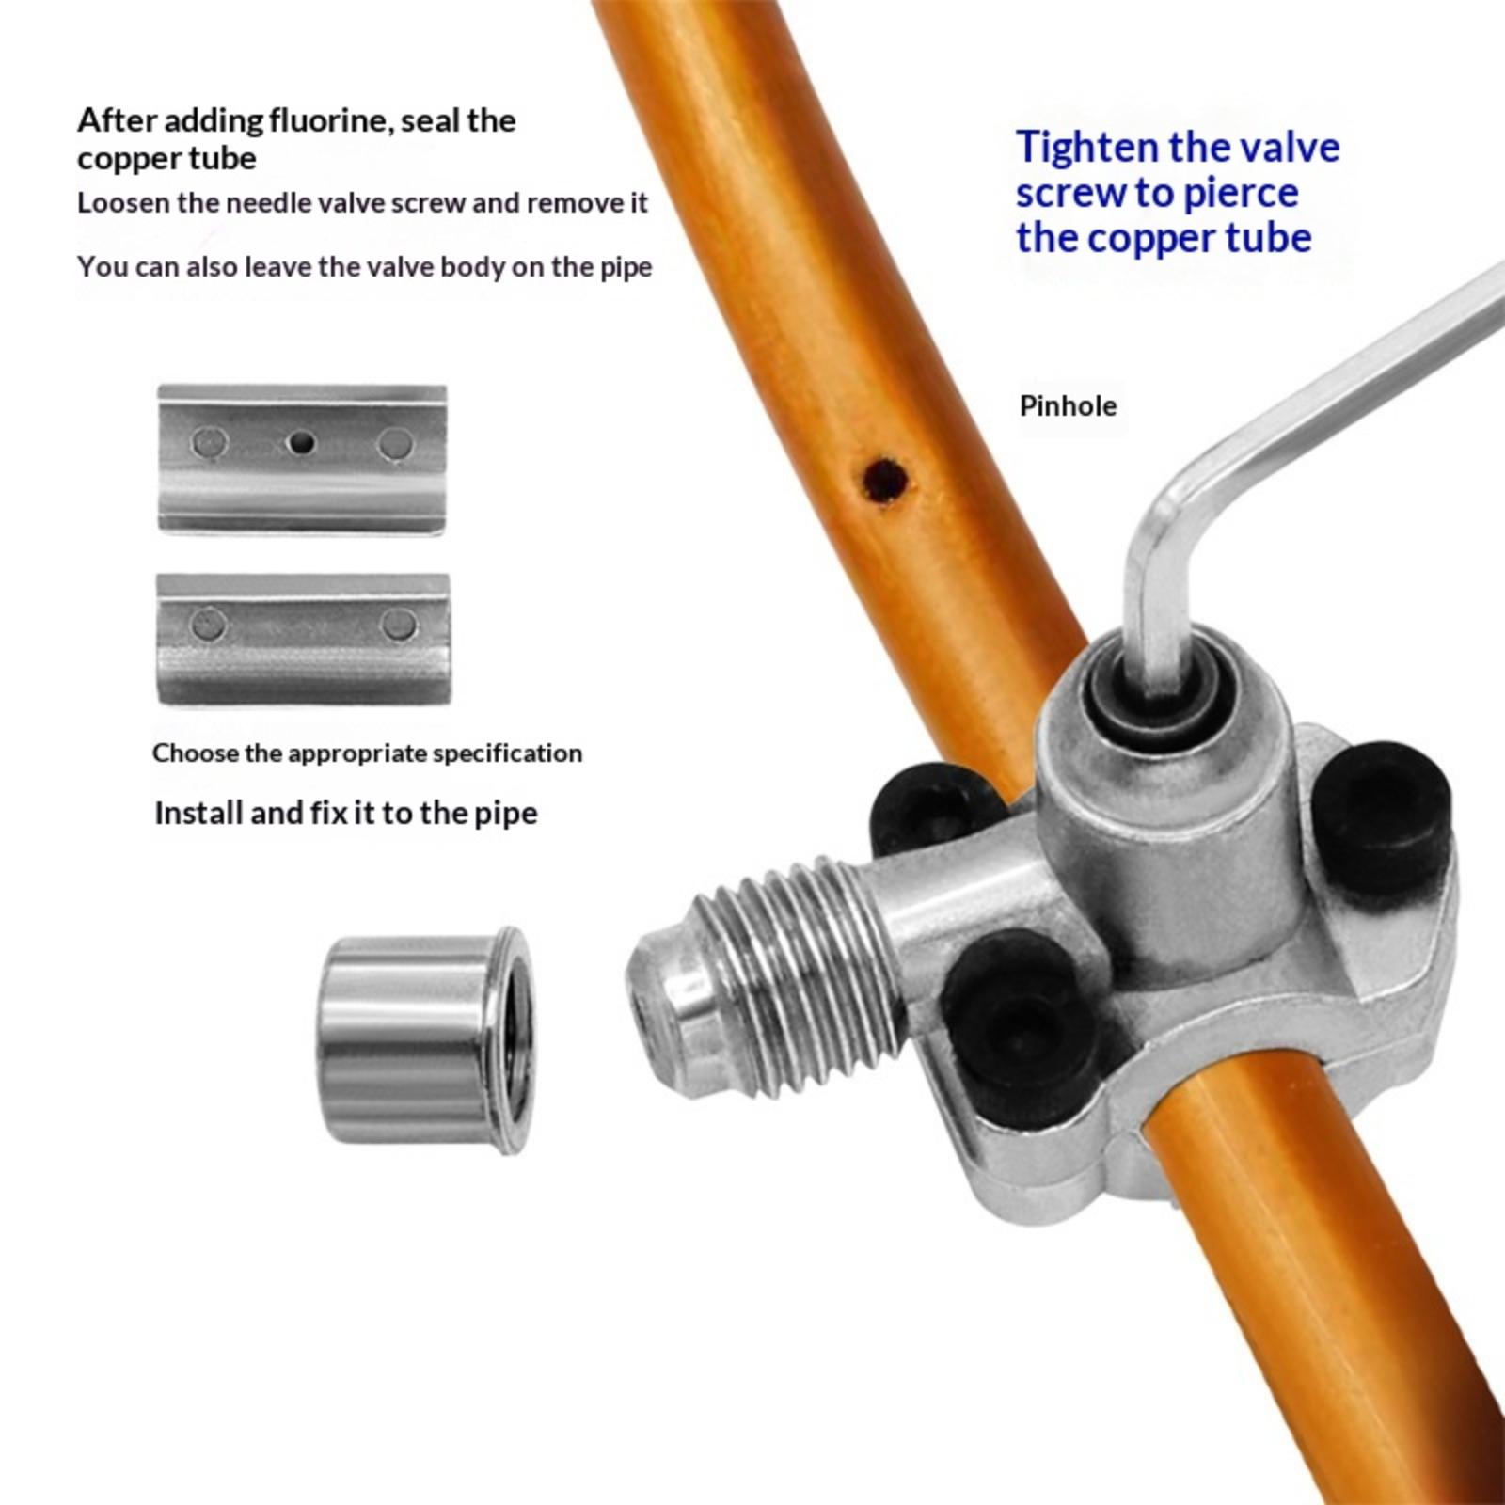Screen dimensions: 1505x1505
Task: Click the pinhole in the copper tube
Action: coord(885,479)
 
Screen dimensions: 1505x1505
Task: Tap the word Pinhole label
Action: coord(1068,406)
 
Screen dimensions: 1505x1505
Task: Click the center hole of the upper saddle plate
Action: coord(300,441)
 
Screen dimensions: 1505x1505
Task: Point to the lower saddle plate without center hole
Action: coord(303,639)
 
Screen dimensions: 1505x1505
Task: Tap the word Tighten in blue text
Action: coord(1085,148)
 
